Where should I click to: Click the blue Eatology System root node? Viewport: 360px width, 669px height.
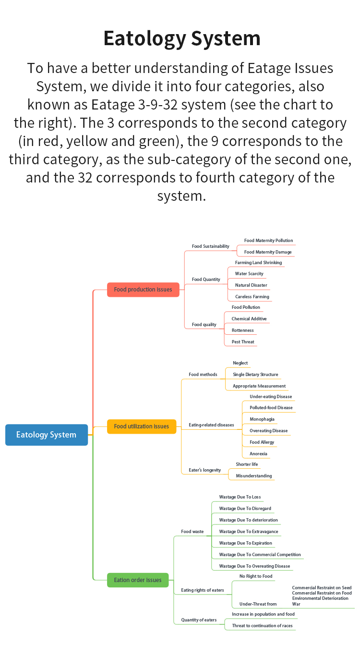[47, 435]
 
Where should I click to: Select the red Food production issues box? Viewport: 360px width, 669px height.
[143, 290]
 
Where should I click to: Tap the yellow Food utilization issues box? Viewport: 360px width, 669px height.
[142, 426]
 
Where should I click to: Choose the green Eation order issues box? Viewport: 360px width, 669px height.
[138, 580]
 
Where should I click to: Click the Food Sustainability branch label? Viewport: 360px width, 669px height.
[210, 246]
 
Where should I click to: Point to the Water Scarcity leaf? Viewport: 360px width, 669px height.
[249, 274]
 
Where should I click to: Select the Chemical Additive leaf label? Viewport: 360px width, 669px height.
[249, 319]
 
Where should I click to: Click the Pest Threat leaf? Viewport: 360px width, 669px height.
[243, 342]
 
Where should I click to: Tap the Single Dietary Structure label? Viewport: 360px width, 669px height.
[255, 375]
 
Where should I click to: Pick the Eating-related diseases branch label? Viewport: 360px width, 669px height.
[211, 425]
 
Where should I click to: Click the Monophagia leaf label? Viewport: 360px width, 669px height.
[262, 419]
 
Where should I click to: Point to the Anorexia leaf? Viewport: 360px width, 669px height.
[258, 454]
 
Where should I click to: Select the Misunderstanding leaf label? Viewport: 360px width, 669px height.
[254, 476]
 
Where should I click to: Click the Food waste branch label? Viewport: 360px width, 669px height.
[192, 532]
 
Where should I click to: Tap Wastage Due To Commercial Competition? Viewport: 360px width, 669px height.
[260, 555]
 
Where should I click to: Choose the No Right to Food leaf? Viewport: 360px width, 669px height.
[256, 576]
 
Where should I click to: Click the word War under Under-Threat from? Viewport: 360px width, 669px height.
[296, 604]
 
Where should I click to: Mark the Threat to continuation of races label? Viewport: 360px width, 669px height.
[262, 626]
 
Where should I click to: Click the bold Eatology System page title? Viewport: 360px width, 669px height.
[182, 38]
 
